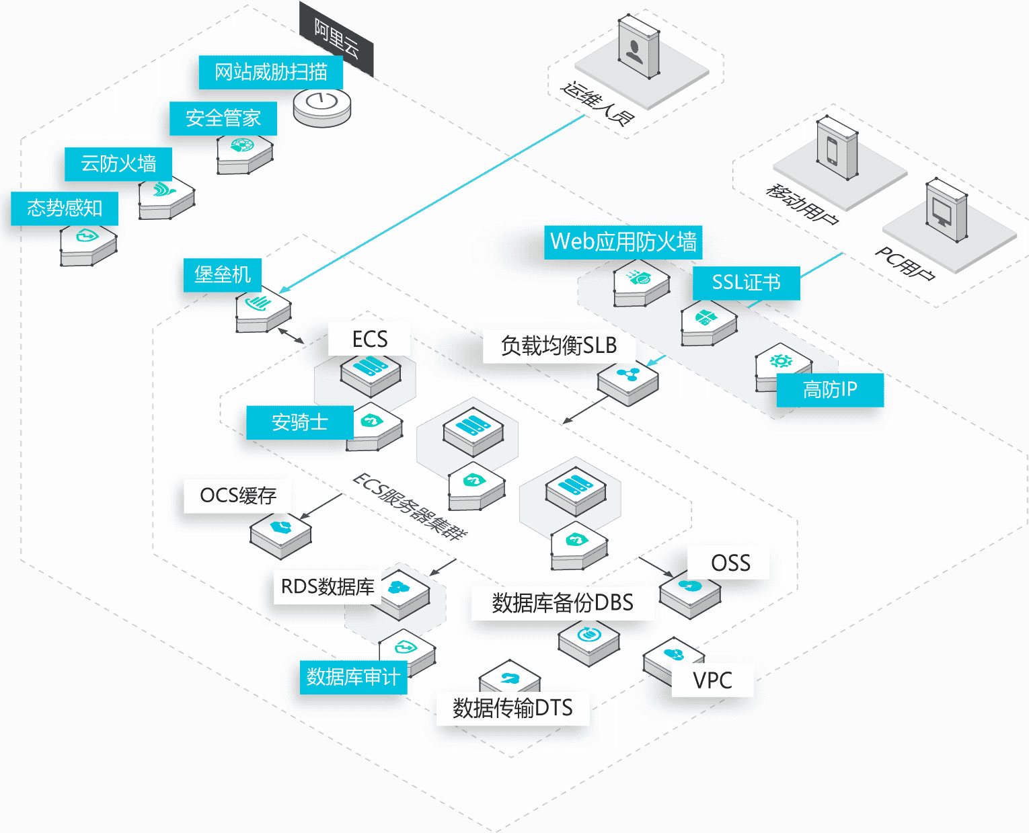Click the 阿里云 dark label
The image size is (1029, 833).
336,38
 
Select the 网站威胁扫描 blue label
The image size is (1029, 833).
270,72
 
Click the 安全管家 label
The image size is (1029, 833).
223,118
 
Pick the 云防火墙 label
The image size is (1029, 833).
118,163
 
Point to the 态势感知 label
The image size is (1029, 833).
65,208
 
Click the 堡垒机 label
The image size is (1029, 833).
222,275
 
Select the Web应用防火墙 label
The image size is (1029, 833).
623,242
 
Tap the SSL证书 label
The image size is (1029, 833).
746,283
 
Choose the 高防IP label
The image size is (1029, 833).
829,390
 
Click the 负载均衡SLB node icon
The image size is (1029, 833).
627,381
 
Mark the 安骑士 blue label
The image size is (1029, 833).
299,422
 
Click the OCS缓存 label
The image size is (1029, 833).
237,496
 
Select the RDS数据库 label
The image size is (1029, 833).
327,587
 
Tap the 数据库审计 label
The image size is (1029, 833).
352,677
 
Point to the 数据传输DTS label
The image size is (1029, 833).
512,708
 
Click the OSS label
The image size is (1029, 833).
730,563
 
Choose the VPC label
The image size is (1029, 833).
712,680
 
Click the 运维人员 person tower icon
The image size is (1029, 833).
638,47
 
